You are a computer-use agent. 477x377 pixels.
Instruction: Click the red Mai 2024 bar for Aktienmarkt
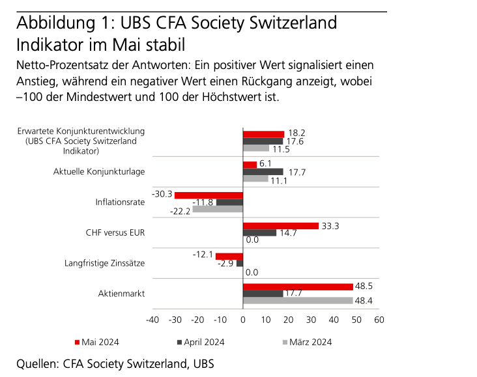click(x=298, y=286)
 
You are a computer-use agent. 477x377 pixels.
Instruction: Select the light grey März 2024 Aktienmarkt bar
click(x=298, y=301)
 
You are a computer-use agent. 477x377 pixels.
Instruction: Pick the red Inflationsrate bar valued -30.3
click(x=209, y=195)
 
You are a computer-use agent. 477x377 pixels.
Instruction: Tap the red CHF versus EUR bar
click(x=280, y=225)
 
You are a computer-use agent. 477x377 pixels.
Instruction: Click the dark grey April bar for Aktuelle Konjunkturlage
click(x=263, y=172)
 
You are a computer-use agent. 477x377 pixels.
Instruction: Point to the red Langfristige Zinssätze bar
click(x=229, y=256)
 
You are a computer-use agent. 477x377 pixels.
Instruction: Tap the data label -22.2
click(x=180, y=210)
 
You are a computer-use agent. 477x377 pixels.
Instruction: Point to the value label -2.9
click(x=225, y=264)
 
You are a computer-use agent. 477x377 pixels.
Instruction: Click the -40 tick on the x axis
click(x=152, y=320)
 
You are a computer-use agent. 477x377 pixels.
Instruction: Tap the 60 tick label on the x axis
click(x=379, y=320)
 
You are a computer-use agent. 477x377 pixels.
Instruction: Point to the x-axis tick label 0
click(x=243, y=320)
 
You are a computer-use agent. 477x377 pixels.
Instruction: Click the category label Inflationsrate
click(x=120, y=202)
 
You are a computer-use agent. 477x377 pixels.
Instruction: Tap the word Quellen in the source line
click(x=36, y=363)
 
